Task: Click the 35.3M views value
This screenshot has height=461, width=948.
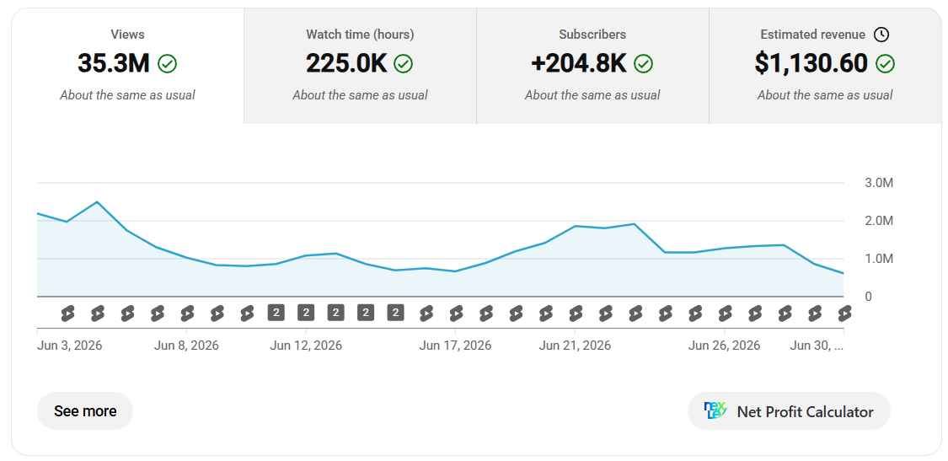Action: [x=113, y=63]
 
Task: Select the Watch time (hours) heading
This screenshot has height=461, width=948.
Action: [x=360, y=35]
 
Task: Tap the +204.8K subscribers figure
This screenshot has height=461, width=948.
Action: [x=579, y=63]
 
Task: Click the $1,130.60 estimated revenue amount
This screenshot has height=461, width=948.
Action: [x=811, y=63]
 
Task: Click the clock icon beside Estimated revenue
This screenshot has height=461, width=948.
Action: [x=881, y=35]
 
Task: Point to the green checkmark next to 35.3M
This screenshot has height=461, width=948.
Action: [x=167, y=63]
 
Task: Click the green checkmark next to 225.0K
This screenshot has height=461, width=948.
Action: [x=404, y=63]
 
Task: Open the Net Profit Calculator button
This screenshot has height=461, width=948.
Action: [x=789, y=411]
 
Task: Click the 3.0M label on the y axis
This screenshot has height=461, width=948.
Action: [x=878, y=183]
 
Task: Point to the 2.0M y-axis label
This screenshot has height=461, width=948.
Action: [x=878, y=221]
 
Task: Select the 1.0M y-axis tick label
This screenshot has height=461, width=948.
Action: [x=878, y=259]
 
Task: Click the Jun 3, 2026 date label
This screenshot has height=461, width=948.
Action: [x=70, y=346]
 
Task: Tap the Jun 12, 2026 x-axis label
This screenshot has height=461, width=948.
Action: [x=306, y=346]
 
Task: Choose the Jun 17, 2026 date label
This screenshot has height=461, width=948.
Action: [x=455, y=346]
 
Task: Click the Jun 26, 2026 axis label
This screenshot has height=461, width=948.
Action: [x=725, y=346]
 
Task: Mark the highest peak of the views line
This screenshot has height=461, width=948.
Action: [x=97, y=201]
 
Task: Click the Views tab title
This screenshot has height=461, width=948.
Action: [x=127, y=35]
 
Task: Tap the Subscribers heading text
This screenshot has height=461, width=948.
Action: [x=592, y=35]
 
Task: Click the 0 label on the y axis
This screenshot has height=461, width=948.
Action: [x=868, y=297]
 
